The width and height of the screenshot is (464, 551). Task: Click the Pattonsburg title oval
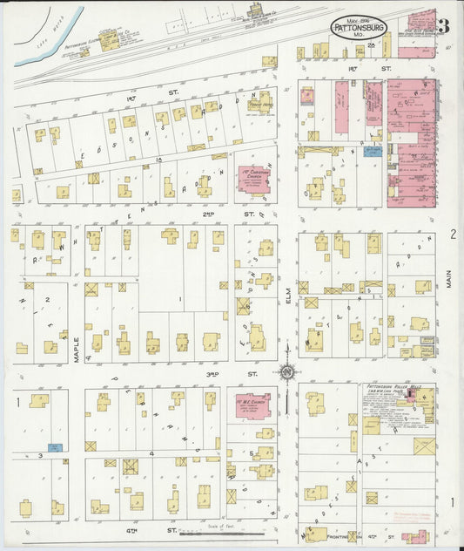[x=360, y=27]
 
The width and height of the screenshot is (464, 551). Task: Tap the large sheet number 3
[x=444, y=25]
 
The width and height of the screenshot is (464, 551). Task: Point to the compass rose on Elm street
[x=286, y=372]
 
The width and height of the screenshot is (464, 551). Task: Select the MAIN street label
[x=450, y=278]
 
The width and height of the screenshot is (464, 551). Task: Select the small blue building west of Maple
[x=54, y=447]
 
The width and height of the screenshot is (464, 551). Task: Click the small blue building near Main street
[x=373, y=151]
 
